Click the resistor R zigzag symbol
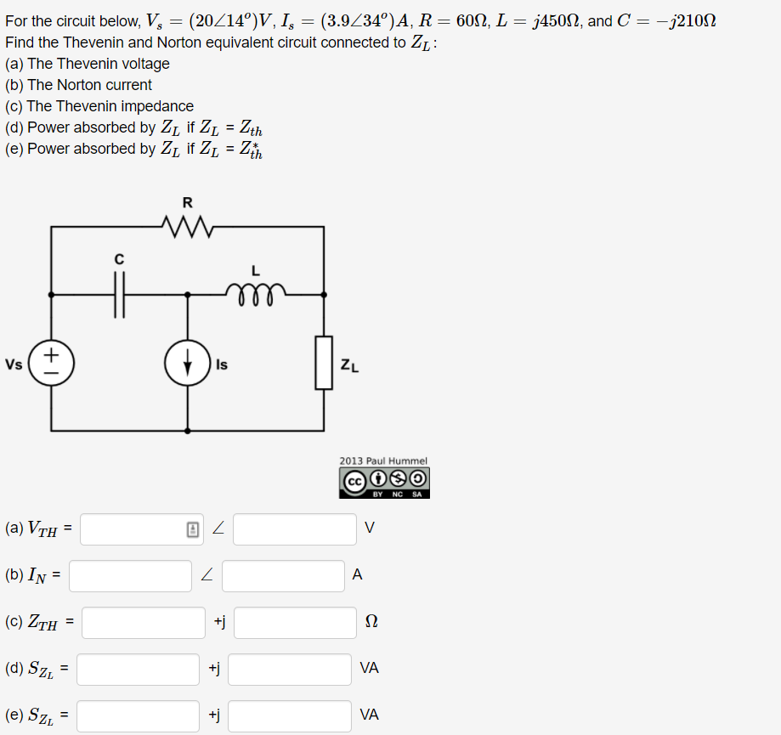(x=187, y=226)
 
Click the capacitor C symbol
(x=120, y=295)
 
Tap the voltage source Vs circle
(x=52, y=364)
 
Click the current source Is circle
(x=188, y=364)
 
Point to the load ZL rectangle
(x=324, y=363)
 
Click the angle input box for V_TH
(x=294, y=529)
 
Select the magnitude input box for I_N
(x=130, y=575)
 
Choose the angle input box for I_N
(x=283, y=575)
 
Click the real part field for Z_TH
(x=143, y=623)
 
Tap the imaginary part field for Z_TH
(x=295, y=623)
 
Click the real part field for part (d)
(x=138, y=669)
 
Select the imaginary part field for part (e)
(x=289, y=715)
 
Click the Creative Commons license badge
(x=385, y=482)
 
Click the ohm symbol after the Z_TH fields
(x=371, y=623)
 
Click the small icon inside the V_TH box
(x=193, y=529)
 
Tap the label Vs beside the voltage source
(x=14, y=365)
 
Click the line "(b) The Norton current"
(x=78, y=85)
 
